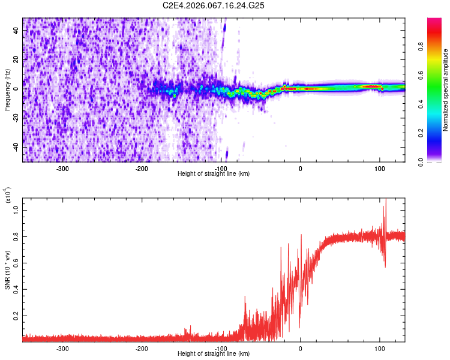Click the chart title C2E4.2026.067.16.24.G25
[214, 5]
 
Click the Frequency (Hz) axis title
[7, 89]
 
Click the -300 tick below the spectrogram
[63, 168]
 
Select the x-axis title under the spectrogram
[214, 174]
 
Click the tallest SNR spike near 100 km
[386, 200]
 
